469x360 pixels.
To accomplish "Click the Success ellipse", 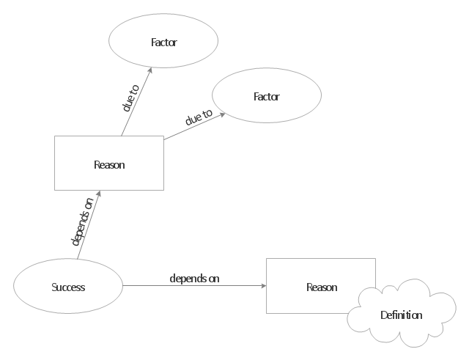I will [68, 287].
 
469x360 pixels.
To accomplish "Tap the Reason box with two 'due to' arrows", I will [109, 164].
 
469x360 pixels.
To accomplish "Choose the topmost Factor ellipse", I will [163, 42].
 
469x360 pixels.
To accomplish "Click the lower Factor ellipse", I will [266, 97].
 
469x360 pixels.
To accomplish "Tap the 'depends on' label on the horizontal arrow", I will [194, 279].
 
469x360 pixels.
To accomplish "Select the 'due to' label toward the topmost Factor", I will [130, 98].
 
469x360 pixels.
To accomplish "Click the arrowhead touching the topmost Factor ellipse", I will [151, 70].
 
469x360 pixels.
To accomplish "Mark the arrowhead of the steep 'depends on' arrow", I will [100, 192].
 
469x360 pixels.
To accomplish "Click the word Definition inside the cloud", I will [401, 315].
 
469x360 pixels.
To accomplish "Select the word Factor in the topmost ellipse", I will [163, 42].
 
